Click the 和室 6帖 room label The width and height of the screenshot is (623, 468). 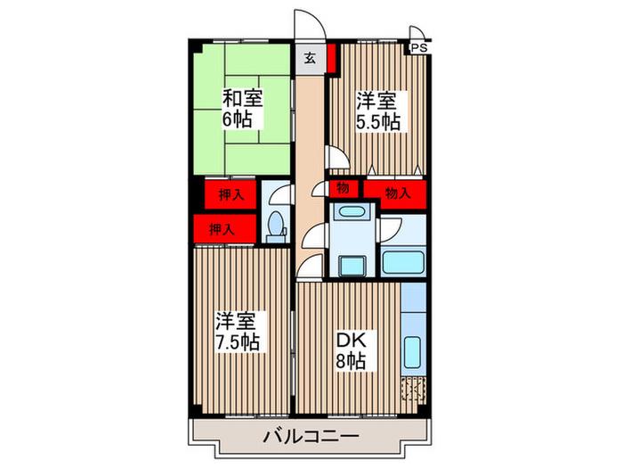242,109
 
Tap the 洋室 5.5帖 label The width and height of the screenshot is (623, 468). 377,111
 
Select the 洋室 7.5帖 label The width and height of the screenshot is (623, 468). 238,332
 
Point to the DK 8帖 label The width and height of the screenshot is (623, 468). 351,350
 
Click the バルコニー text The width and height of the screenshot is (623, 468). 311,436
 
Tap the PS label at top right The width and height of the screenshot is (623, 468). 419,48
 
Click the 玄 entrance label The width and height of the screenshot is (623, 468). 311,59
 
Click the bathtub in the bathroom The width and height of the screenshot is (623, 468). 403,262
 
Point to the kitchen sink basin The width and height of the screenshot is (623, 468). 412,353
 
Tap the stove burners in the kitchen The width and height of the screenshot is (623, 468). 413,389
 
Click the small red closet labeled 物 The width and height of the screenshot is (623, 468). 344,189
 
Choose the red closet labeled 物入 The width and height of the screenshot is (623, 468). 395,194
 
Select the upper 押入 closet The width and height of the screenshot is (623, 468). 231,194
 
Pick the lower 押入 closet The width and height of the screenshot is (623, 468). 225,229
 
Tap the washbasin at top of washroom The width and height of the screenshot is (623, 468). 352,210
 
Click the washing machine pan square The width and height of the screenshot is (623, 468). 352,266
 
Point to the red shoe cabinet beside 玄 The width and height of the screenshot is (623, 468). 332,58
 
